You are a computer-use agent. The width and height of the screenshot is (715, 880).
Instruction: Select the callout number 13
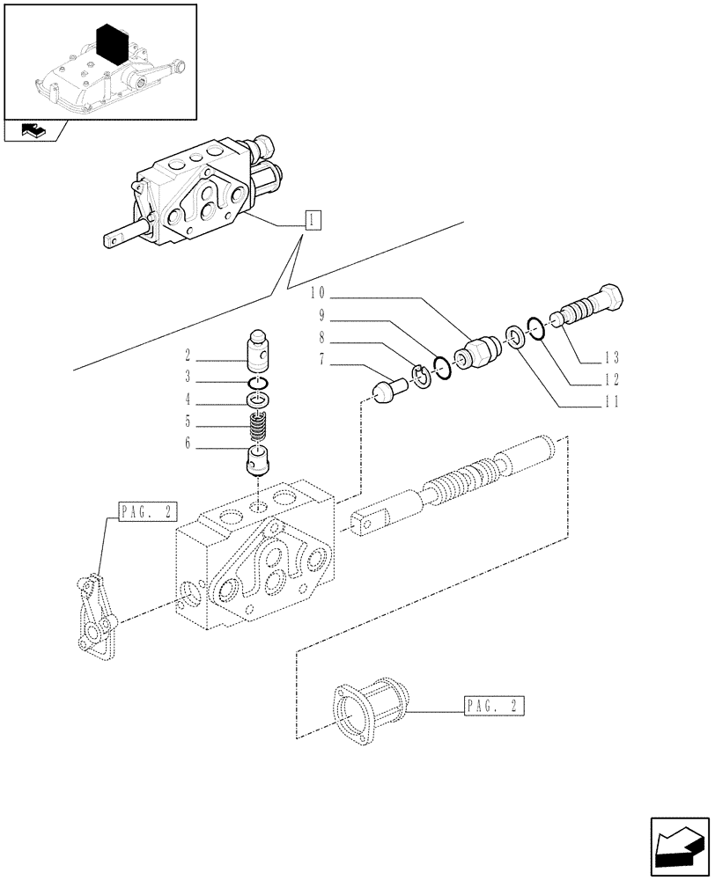(x=611, y=358)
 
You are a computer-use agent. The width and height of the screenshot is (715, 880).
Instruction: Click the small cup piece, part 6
(x=258, y=459)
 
